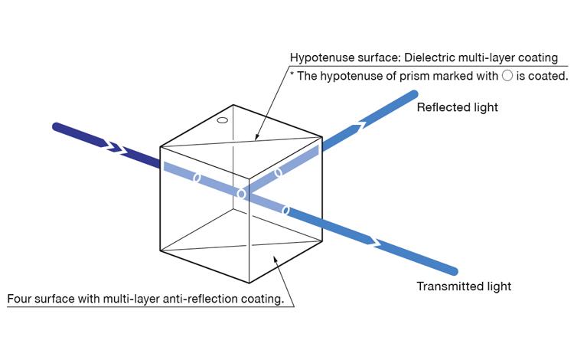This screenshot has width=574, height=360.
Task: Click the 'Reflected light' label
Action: pos(457,107)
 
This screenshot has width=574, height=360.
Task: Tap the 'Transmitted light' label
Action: pos(463,286)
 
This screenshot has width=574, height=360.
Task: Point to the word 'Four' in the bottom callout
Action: pos(21,299)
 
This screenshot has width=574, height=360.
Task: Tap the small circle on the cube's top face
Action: pos(223,120)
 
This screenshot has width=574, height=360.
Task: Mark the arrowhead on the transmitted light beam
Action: pos(374,241)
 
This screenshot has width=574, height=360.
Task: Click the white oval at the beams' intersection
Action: pos(241,195)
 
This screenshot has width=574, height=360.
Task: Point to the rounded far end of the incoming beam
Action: pos(56,126)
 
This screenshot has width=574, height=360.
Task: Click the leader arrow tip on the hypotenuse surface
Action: pos(256,140)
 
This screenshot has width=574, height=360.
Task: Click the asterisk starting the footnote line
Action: pos(292,75)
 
